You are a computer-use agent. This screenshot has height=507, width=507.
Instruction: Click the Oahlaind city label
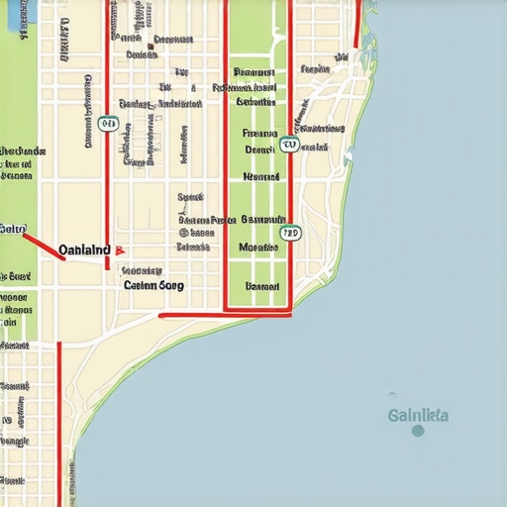[83, 251]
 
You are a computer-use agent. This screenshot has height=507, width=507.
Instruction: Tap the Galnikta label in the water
[418, 415]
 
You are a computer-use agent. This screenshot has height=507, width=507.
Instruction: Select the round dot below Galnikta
[418, 431]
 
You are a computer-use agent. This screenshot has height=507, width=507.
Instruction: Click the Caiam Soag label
[155, 284]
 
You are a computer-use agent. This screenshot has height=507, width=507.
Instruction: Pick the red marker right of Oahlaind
[119, 252]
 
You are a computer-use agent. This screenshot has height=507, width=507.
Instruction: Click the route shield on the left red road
[108, 125]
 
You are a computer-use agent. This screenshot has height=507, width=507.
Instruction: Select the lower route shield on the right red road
[289, 234]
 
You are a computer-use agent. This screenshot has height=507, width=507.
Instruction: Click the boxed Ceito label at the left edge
[12, 229]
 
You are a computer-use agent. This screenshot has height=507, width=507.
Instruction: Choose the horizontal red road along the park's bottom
[226, 314]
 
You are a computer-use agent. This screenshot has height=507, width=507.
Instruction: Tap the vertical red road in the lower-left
[58, 416]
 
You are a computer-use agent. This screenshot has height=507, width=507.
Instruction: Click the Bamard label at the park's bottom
[262, 286]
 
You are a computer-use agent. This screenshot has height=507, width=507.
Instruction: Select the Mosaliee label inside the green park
[259, 248]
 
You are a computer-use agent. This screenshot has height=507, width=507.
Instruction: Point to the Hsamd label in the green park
[261, 176]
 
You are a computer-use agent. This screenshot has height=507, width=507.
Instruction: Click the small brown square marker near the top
[152, 45]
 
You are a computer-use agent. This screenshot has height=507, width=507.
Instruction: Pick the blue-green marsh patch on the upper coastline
[348, 154]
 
